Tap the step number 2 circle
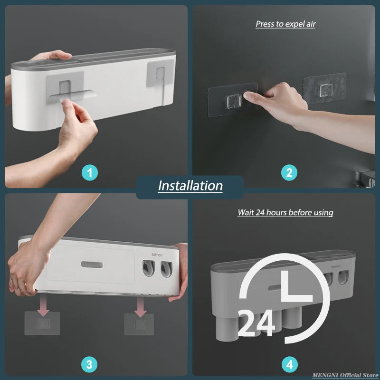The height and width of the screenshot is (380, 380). pyautogui.click(x=289, y=172)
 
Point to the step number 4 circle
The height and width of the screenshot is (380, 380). pyautogui.click(x=289, y=365)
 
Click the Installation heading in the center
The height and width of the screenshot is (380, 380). pyautogui.click(x=190, y=185)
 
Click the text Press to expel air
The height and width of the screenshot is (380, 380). pyautogui.click(x=285, y=24)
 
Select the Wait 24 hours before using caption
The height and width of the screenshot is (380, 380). pyautogui.click(x=285, y=212)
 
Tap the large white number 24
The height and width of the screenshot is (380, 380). pyautogui.click(x=256, y=324)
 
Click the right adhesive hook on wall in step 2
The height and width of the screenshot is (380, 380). pyautogui.click(x=325, y=89)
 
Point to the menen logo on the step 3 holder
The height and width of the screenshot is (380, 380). pyautogui.click(x=157, y=255)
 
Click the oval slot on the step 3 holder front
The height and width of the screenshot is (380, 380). pyautogui.click(x=92, y=265)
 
